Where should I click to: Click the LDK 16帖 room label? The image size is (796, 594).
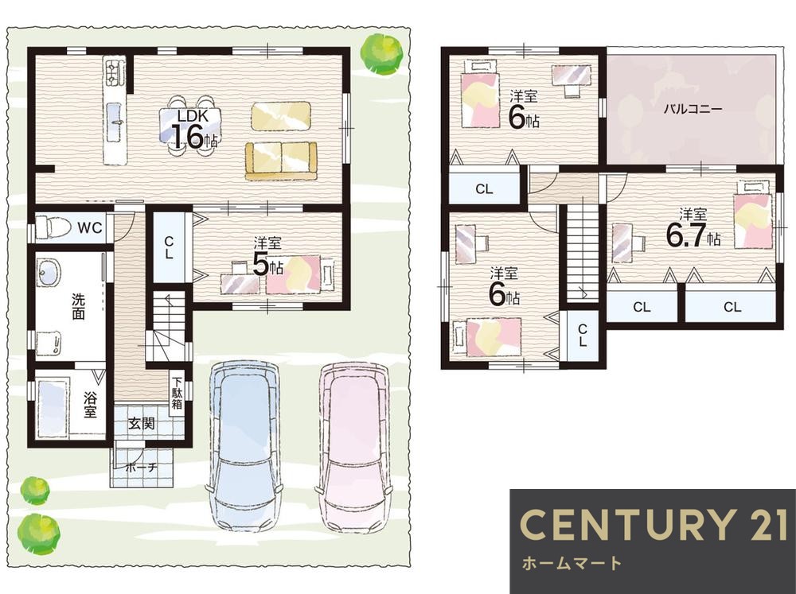193,130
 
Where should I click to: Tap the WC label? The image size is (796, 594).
90,227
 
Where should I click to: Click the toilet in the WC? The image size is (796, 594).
53,227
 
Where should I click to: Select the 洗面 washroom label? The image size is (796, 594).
78,306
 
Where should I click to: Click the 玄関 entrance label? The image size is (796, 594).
141,423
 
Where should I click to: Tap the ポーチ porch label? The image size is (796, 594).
142,468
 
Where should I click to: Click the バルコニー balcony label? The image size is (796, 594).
693,109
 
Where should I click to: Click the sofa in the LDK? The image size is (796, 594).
281,161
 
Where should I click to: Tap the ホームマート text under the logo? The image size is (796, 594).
572,563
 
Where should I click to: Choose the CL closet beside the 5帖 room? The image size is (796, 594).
169,247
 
